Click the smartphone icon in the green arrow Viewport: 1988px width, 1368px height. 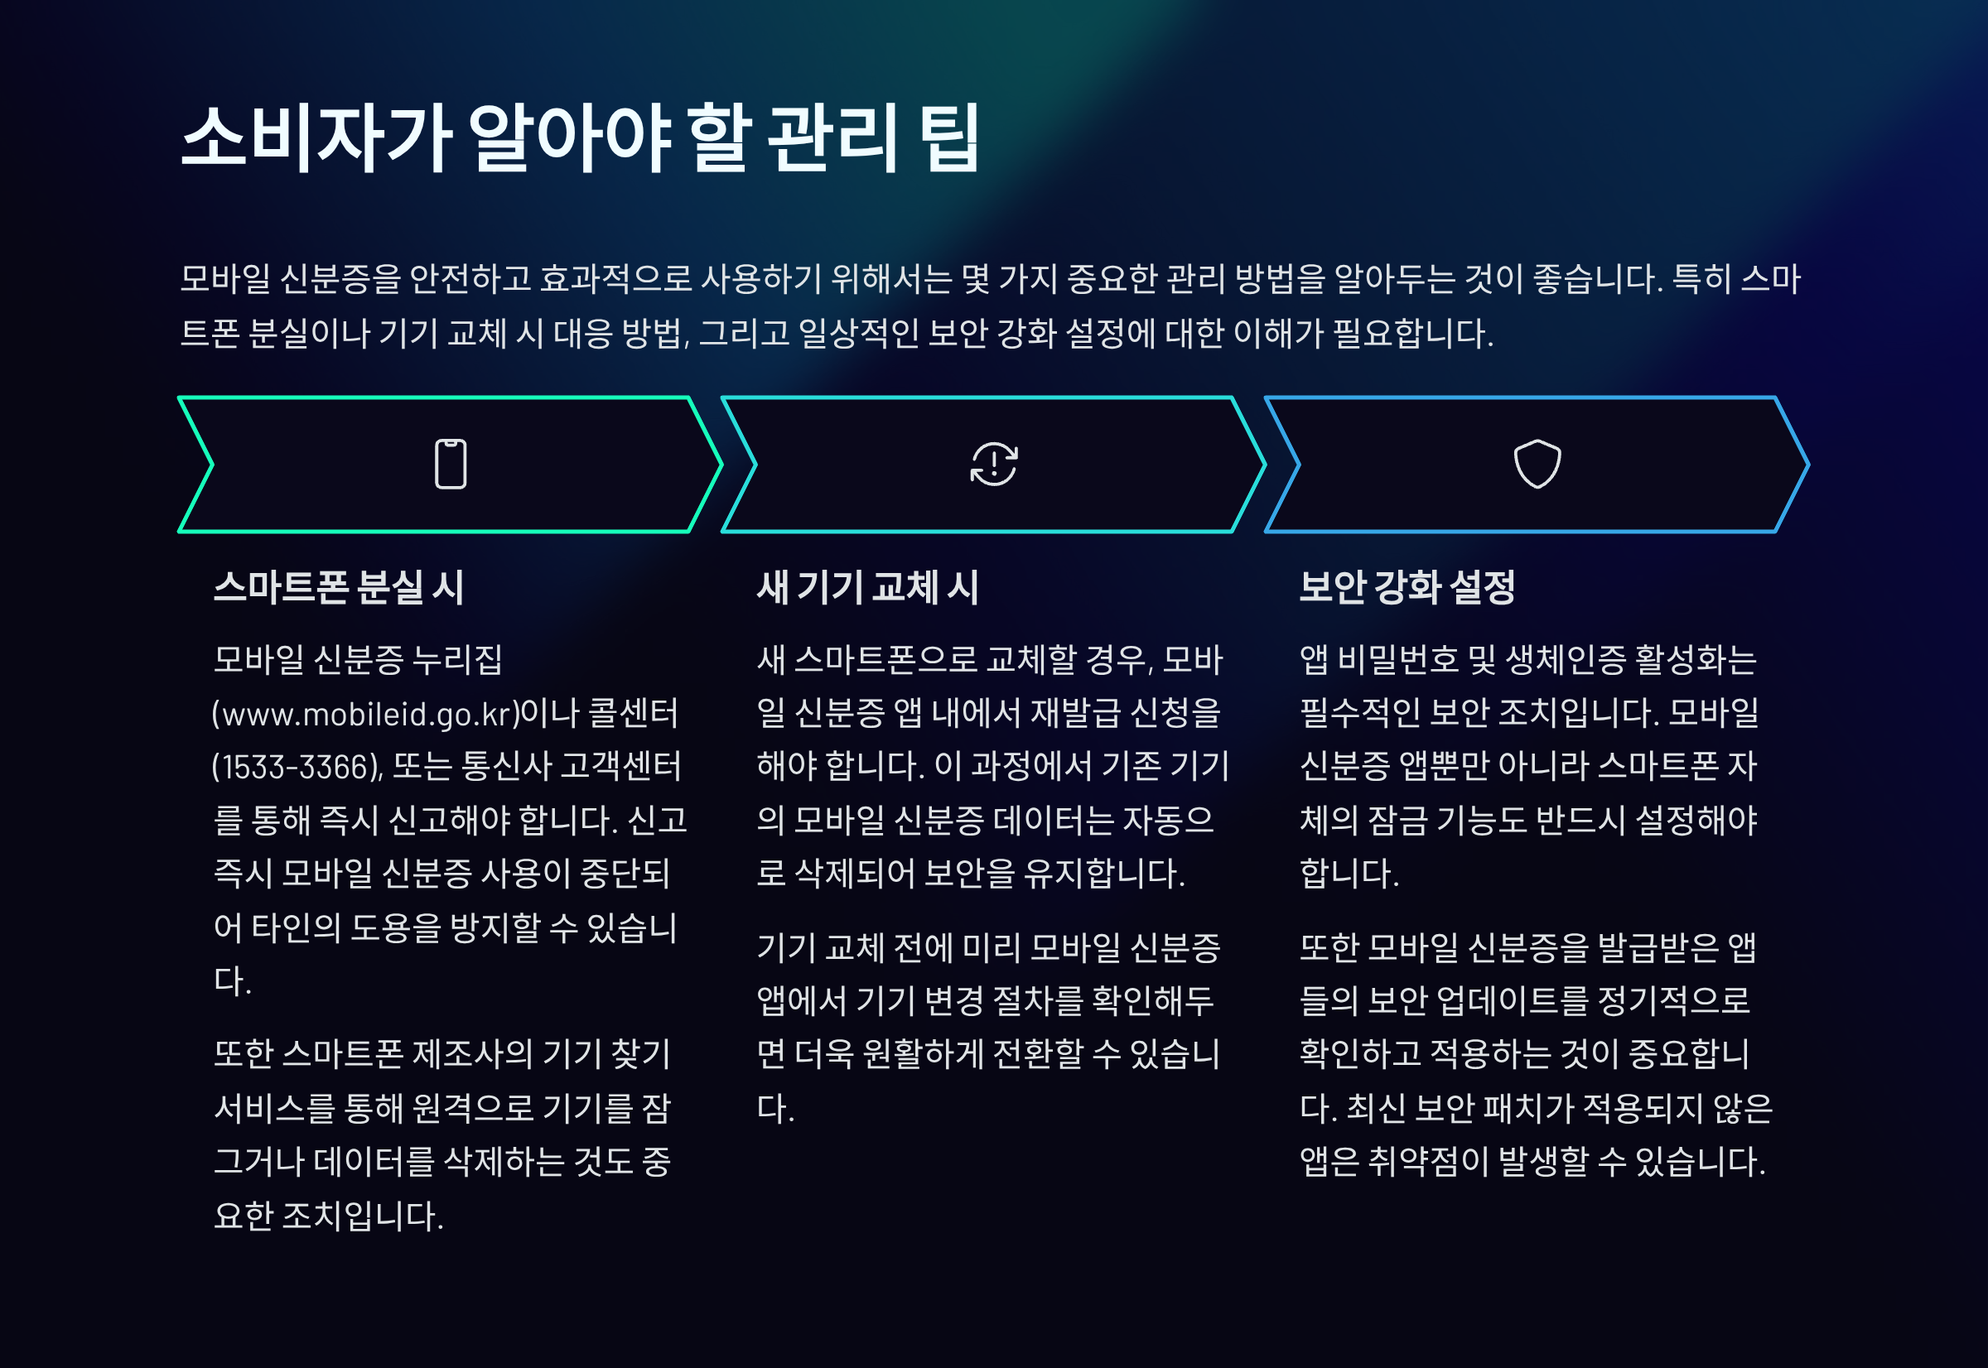450,465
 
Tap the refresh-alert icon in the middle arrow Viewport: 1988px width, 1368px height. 993,465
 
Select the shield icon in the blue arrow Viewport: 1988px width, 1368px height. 1537,465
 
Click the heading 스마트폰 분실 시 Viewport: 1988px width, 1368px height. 339,588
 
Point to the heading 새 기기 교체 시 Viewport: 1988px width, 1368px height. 867,588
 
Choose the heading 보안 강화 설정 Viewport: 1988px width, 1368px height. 1407,588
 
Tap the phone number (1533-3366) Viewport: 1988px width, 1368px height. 297,767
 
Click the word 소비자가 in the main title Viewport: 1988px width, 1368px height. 316,139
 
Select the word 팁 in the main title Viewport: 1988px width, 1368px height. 949,139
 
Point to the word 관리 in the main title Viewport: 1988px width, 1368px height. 832,139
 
